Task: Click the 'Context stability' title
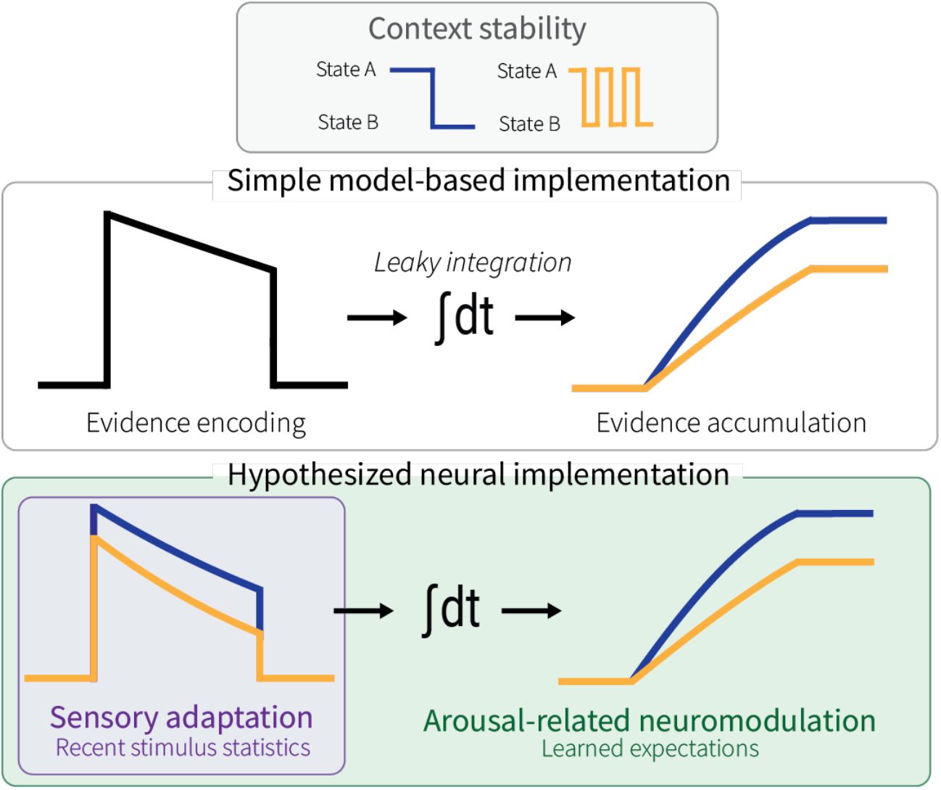coord(476,29)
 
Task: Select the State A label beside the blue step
coord(346,70)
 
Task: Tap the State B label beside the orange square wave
coord(529,124)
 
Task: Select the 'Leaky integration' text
coord(473,263)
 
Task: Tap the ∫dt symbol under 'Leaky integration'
coord(464,317)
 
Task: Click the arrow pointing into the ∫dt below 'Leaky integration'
coord(376,318)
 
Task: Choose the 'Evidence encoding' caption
coord(196,423)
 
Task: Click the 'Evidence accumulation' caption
coord(731,423)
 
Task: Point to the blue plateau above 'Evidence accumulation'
coord(848,220)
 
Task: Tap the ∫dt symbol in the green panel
coord(450,610)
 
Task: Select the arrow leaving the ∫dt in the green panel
coord(531,611)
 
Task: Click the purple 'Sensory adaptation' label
coord(181,717)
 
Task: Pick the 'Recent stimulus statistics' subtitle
coord(183,748)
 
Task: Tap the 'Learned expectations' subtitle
coord(650,749)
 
